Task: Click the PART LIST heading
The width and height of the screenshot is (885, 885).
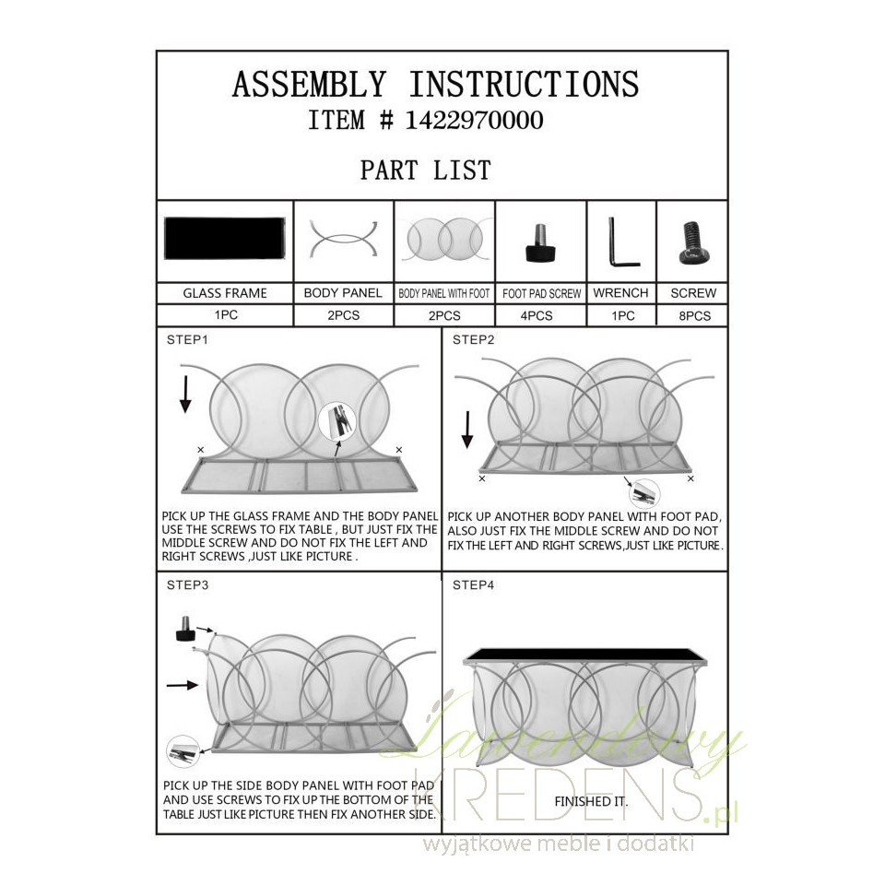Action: pyautogui.click(x=426, y=170)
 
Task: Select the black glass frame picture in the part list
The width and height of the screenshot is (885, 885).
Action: pyautogui.click(x=225, y=238)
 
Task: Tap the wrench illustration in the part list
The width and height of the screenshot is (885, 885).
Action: pyautogui.click(x=623, y=242)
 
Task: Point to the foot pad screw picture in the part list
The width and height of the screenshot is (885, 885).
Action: pyautogui.click(x=541, y=242)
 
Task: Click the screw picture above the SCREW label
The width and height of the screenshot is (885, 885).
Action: pyautogui.click(x=693, y=242)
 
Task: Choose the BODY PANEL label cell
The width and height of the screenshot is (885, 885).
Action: pyautogui.click(x=343, y=293)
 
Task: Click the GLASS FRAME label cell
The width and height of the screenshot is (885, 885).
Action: pyautogui.click(x=225, y=293)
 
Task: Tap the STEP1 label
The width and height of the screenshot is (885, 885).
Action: pyautogui.click(x=187, y=340)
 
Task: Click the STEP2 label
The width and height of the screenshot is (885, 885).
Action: pyautogui.click(x=473, y=340)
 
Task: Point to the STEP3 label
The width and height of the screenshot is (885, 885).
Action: pyautogui.click(x=187, y=585)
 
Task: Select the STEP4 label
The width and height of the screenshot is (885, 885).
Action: pyautogui.click(x=473, y=585)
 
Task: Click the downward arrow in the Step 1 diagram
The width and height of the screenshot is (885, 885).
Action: pyautogui.click(x=185, y=394)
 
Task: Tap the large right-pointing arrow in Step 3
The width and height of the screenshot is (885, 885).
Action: pyautogui.click(x=183, y=685)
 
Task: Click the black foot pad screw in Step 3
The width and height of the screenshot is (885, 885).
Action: pyautogui.click(x=184, y=630)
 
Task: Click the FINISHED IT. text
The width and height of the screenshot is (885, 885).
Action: pyautogui.click(x=591, y=801)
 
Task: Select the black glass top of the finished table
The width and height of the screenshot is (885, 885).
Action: pyautogui.click(x=585, y=655)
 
